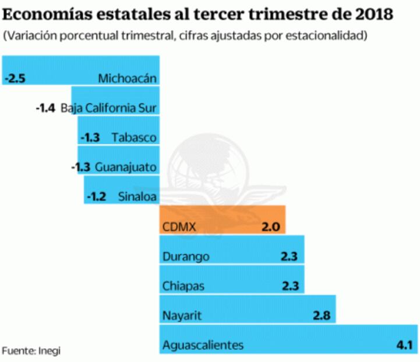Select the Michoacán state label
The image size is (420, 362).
click(128, 78)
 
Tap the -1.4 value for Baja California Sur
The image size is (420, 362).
click(45, 108)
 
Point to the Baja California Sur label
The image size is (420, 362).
click(109, 108)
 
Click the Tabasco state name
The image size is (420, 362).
click(134, 138)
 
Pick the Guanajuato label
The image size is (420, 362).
click(125, 168)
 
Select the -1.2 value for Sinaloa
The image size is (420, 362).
click(96, 197)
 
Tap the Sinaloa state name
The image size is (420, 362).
click(137, 197)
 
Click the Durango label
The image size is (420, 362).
click(186, 256)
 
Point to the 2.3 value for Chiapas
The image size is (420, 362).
click(289, 286)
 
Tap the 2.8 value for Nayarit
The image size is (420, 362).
click(321, 316)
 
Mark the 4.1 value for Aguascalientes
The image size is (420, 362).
click(404, 345)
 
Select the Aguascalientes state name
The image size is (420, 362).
click(203, 345)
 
